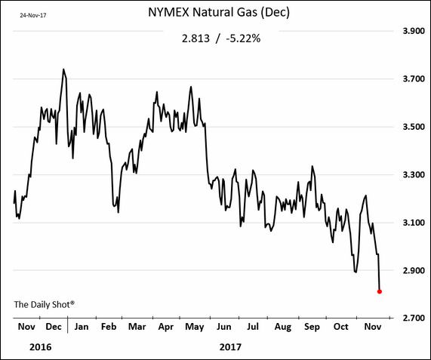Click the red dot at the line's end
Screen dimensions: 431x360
380,291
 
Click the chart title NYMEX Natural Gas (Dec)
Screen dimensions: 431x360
219,12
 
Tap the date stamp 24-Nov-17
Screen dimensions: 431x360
33,15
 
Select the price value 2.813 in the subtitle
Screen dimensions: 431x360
195,38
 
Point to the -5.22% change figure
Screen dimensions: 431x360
243,38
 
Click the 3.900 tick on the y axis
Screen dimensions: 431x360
414,31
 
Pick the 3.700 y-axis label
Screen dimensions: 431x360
414,79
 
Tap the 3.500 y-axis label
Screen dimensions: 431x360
414,127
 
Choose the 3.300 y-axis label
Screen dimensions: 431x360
414,175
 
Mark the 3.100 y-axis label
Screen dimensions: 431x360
414,223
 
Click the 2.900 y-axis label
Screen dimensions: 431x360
414,270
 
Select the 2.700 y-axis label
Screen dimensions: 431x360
414,318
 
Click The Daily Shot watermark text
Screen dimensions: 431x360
45,304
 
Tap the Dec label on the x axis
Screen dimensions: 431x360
54,327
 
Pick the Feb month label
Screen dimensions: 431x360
109,327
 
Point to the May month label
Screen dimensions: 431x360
194,328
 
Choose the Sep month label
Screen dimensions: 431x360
312,328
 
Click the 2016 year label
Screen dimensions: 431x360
41,347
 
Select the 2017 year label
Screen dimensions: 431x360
230,347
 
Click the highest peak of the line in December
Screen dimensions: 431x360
63,69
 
